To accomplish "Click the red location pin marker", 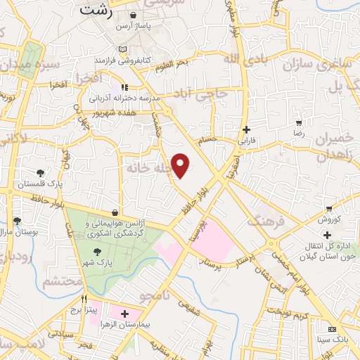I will [x=181, y=165].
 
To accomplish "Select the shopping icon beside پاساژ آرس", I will [x=134, y=15].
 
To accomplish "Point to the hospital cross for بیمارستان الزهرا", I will [x=124, y=314].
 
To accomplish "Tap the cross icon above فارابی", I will [x=246, y=129].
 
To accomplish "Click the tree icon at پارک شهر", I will [x=96, y=251].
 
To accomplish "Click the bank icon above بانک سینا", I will [x=331, y=329].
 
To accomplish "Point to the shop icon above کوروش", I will [x=328, y=209].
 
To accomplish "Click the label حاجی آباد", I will [x=203, y=94].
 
